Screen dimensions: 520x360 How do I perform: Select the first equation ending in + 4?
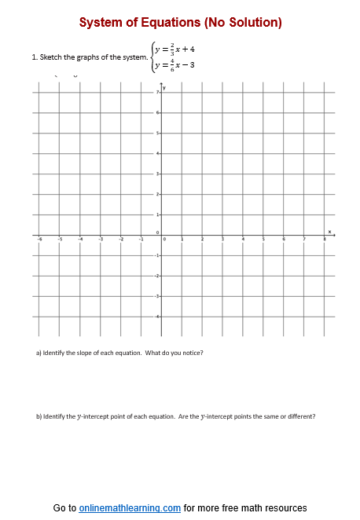(174, 49)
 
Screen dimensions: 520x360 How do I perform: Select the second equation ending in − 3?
(174, 64)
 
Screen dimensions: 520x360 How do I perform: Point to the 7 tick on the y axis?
(157, 93)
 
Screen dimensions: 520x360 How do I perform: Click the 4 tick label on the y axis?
(157, 153)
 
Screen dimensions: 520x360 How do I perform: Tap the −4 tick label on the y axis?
(156, 317)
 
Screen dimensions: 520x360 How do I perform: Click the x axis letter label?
(329, 231)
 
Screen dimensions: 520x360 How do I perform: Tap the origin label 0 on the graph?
(157, 233)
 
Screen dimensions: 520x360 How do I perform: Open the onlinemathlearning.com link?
(130, 508)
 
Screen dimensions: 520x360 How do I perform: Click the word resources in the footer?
(286, 508)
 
